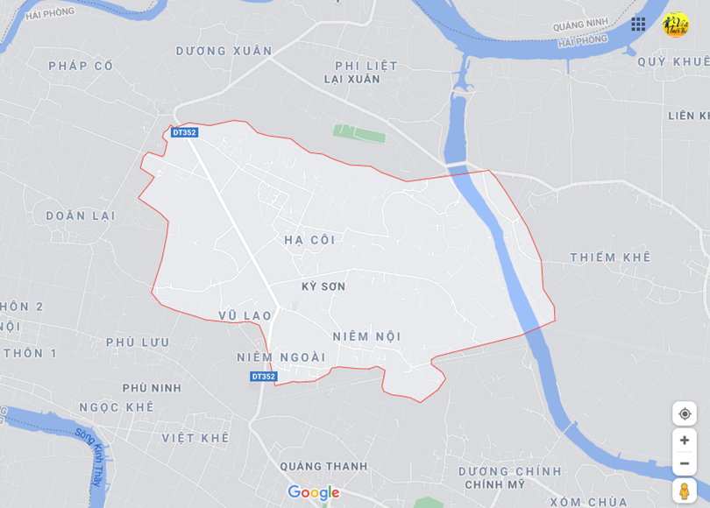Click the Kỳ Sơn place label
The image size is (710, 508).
pos(323,286)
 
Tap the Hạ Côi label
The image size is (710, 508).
pos(310,239)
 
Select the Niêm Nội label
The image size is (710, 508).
pos(366,336)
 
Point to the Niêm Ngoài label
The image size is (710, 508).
pos(280,357)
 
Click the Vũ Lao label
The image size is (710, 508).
pos(245,315)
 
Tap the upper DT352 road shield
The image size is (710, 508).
pos(185,133)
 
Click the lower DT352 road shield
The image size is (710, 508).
pos(263,377)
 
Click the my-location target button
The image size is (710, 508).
pos(685,414)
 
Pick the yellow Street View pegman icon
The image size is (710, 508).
pos(685,490)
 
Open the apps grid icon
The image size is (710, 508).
pos(638,25)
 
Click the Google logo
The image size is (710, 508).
pos(313,493)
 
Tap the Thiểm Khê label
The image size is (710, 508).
pos(610,258)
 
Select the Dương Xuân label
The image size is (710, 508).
pos(224,51)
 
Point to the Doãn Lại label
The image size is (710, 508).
pos(80,215)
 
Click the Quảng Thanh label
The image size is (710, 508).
pos(323,466)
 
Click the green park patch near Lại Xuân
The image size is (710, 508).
pos(359,133)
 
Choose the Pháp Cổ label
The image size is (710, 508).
pos(82,66)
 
